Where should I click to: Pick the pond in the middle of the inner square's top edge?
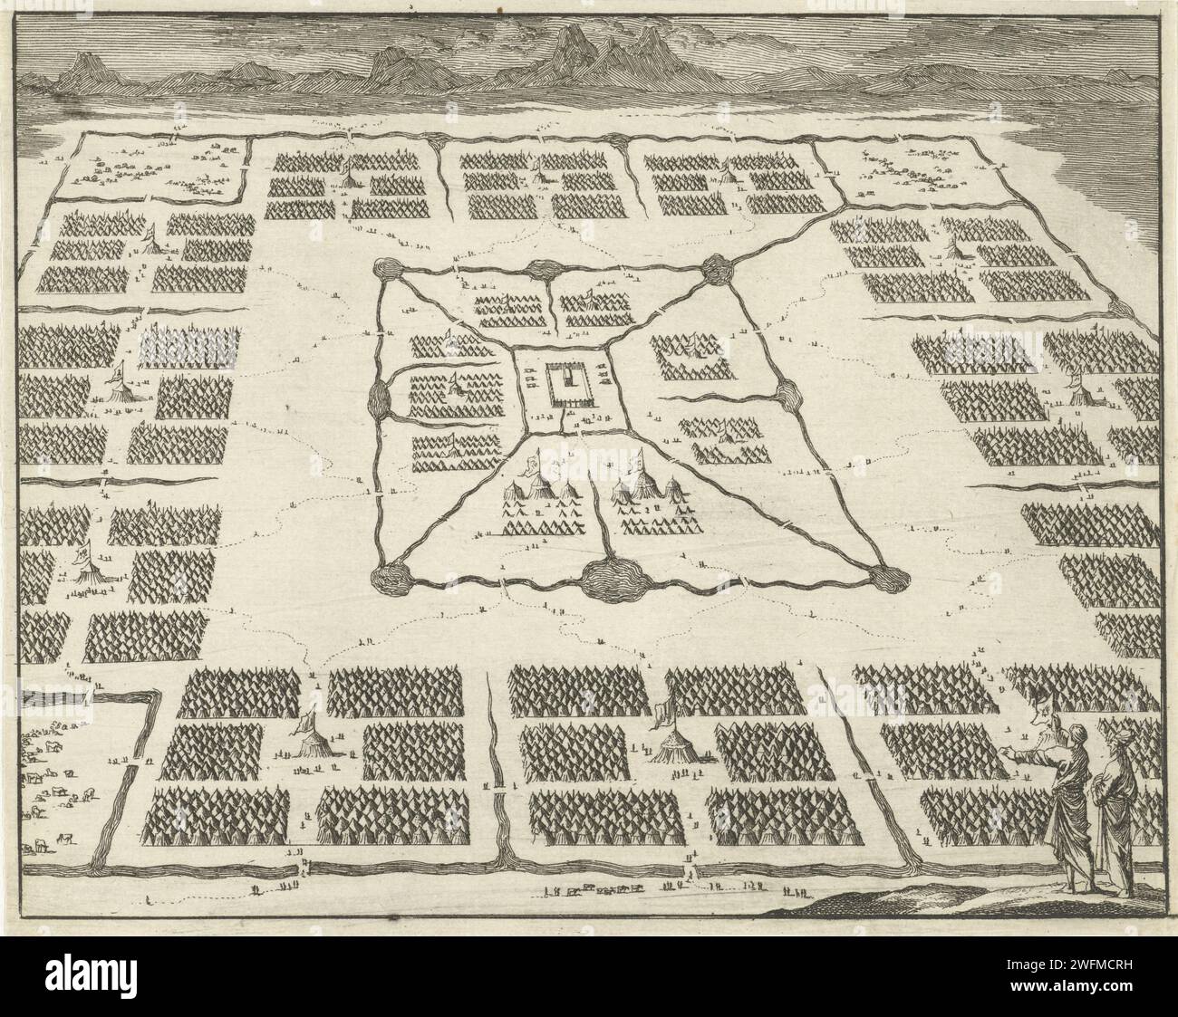[547, 269]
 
